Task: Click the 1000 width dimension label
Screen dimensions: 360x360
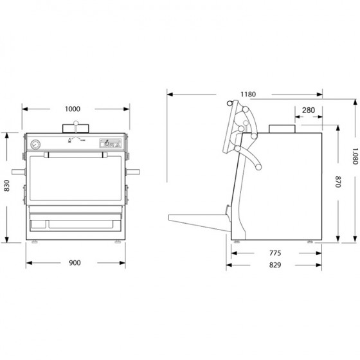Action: click(x=73, y=109)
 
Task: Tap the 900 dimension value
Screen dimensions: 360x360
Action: click(x=75, y=263)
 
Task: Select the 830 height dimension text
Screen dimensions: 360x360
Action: click(x=6, y=186)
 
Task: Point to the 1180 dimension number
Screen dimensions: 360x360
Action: click(x=248, y=94)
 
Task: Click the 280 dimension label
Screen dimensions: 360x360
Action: click(x=309, y=110)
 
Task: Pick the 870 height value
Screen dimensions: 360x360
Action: click(x=338, y=181)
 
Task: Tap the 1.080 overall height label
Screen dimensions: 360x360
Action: click(x=355, y=156)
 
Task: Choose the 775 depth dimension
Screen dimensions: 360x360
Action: click(x=275, y=253)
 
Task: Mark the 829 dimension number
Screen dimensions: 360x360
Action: click(x=275, y=265)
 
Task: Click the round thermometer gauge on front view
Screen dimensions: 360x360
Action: click(x=35, y=145)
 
